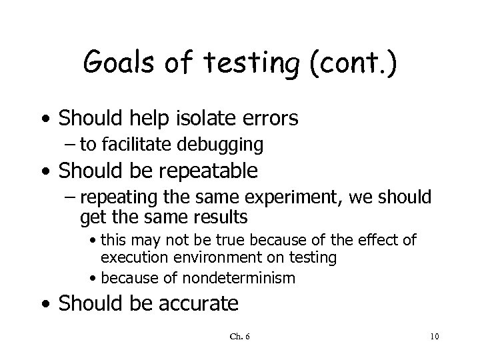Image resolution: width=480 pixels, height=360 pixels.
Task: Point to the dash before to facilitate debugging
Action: [85, 143]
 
